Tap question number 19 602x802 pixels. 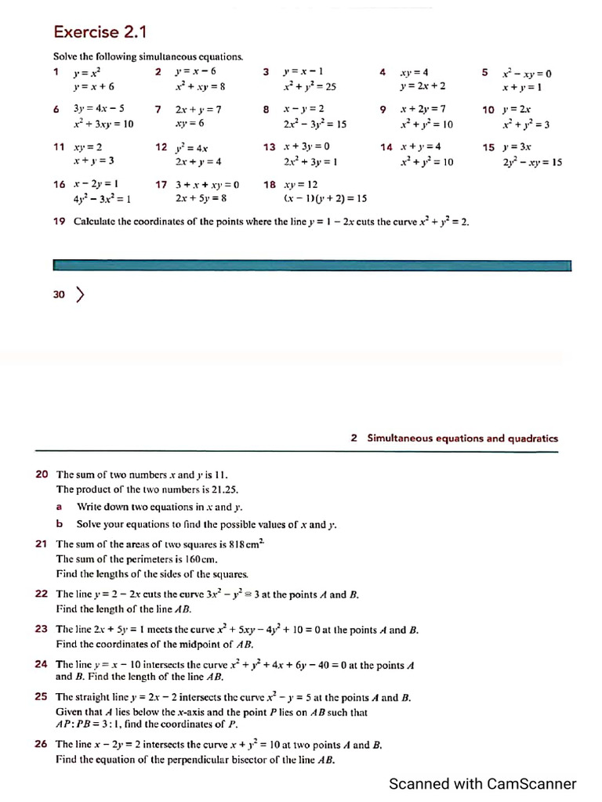coord(59,222)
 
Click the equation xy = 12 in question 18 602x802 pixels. coord(300,185)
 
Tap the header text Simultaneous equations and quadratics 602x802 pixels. coord(463,439)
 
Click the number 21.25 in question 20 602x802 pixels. coord(201,490)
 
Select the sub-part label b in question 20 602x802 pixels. coord(59,524)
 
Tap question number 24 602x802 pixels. coord(42,664)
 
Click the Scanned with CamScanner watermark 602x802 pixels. coord(483,784)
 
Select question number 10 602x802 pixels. coord(488,110)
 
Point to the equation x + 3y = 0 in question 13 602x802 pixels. coord(306,147)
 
